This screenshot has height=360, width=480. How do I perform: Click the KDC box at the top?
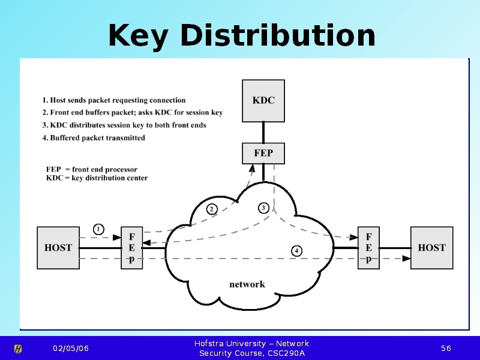(263, 100)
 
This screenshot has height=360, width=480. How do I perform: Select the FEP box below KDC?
(263, 153)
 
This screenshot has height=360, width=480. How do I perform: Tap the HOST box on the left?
(58, 247)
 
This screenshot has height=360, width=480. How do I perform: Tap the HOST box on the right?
(431, 247)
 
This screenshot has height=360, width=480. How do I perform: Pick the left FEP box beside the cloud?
(131, 247)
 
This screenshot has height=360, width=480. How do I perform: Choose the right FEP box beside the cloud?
(368, 247)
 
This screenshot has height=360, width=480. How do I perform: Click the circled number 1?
(98, 229)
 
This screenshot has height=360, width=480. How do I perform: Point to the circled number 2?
(211, 209)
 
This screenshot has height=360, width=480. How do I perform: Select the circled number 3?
(263, 208)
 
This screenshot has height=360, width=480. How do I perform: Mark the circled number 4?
(296, 250)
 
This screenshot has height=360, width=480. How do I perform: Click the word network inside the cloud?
(247, 284)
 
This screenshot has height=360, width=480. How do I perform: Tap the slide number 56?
(446, 349)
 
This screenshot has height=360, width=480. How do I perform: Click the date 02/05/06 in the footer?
(70, 349)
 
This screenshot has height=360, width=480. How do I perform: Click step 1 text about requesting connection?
(114, 100)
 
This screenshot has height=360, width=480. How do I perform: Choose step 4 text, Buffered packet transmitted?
(94, 138)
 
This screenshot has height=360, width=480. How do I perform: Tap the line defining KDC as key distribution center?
(97, 178)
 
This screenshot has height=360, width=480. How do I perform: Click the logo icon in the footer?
(19, 349)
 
